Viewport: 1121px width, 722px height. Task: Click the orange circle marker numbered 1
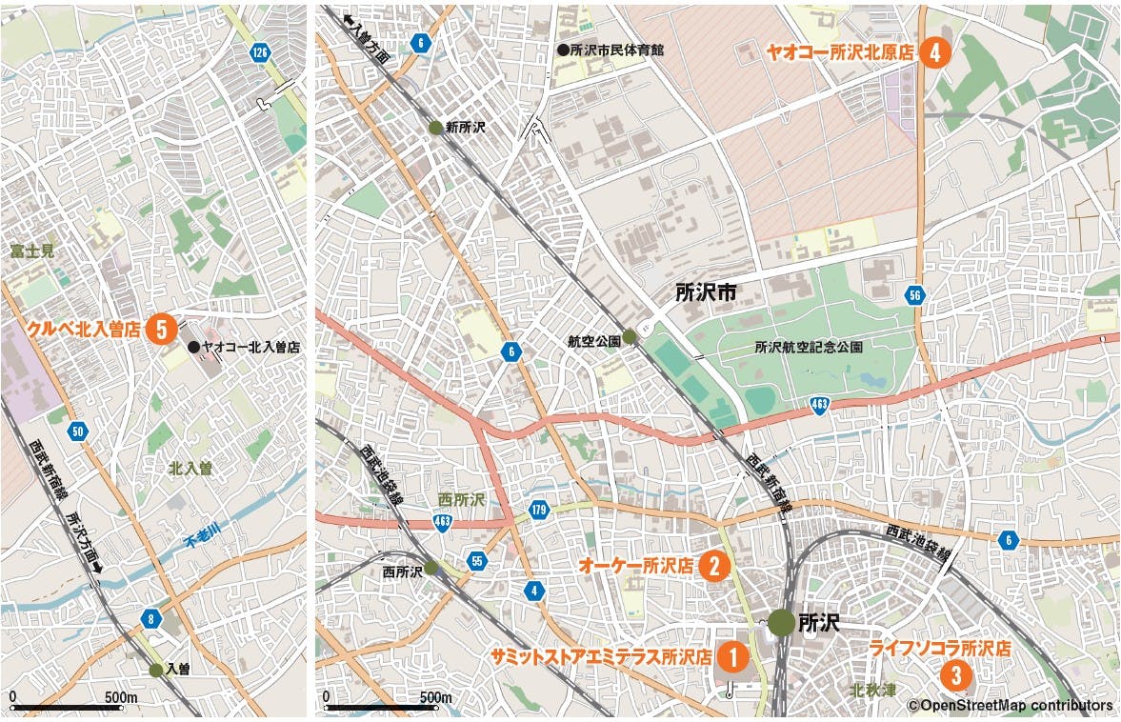[x=731, y=656]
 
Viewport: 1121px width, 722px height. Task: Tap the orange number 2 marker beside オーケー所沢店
[x=714, y=565]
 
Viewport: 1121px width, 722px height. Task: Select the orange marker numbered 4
[x=935, y=52]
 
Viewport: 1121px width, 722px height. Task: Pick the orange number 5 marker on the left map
[x=162, y=330]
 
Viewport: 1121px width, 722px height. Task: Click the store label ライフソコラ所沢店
[x=940, y=649]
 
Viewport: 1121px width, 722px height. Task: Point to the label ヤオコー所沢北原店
[x=839, y=53]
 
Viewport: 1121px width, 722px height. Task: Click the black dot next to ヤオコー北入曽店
[x=193, y=349]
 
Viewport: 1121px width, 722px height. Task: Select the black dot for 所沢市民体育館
[x=563, y=49]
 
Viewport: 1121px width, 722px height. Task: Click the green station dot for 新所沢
[x=435, y=128]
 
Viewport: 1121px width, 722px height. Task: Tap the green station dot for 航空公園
[x=630, y=337]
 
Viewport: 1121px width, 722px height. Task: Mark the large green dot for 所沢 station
[x=782, y=623]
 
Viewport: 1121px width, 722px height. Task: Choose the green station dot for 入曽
[x=156, y=670]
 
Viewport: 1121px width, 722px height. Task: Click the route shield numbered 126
[x=258, y=52]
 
